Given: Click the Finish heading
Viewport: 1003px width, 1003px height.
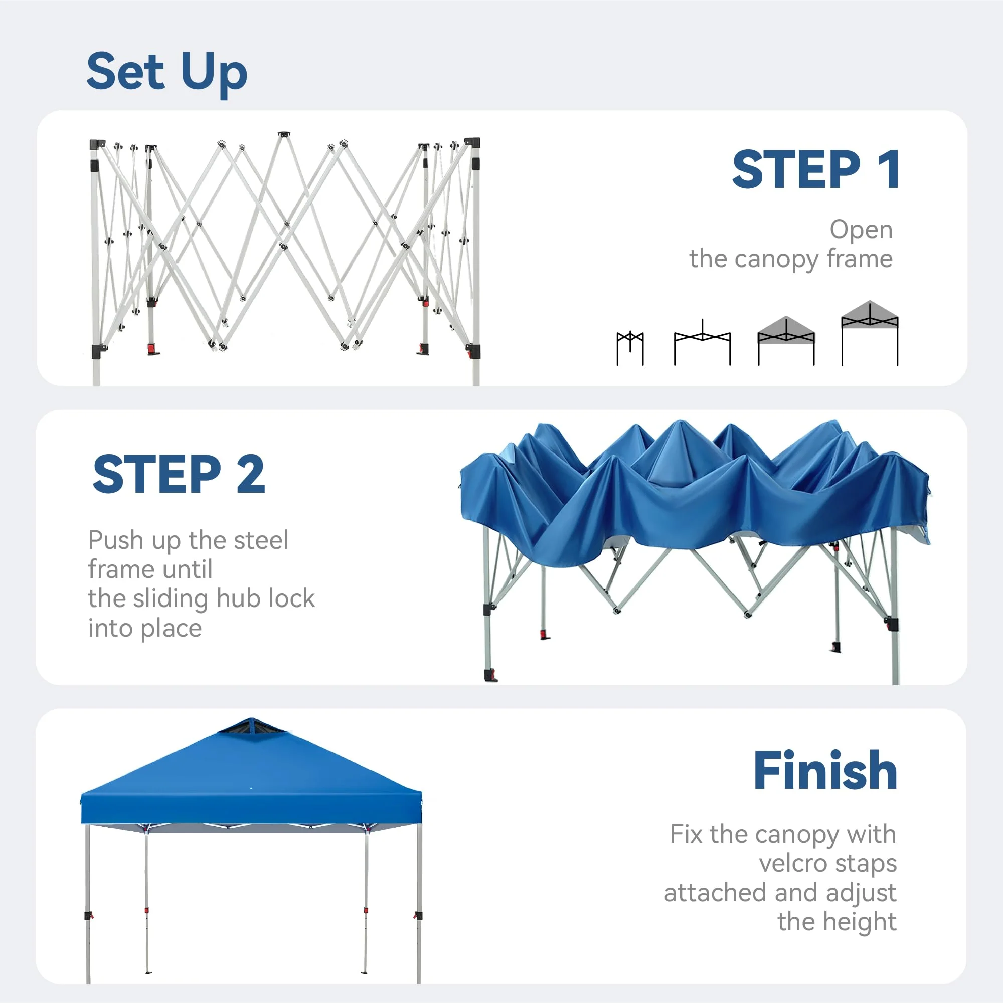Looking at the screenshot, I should pyautogui.click(x=825, y=771).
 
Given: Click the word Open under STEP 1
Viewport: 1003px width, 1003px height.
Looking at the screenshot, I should pyautogui.click(x=861, y=230).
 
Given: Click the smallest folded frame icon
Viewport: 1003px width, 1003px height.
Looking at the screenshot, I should pyautogui.click(x=629, y=348).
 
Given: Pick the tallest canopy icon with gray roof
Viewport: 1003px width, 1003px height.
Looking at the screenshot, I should pyautogui.click(x=870, y=332).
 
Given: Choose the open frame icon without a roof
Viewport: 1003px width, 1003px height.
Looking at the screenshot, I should pyautogui.click(x=702, y=343).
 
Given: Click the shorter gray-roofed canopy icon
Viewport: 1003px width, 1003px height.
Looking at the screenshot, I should pyautogui.click(x=786, y=340).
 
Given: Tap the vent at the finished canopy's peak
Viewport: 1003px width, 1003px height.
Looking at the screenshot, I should pyautogui.click(x=251, y=726).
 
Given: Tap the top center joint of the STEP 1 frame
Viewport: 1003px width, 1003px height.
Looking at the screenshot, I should pyautogui.click(x=284, y=135).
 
